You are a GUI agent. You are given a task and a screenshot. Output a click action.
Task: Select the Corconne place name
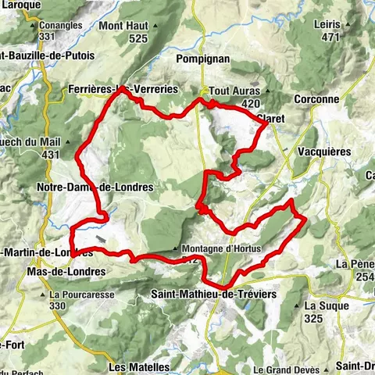(x=318, y=99)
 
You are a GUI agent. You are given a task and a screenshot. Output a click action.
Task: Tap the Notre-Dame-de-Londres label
(x=95, y=187)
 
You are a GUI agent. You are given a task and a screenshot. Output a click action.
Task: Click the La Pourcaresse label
(x=77, y=295)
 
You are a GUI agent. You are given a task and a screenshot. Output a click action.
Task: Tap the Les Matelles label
(x=139, y=366)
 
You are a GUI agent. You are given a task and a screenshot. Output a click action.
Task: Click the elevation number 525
(x=138, y=37)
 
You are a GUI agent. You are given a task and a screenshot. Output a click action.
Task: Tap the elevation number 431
(x=51, y=155)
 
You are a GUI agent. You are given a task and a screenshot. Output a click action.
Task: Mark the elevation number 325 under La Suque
(x=314, y=318)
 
